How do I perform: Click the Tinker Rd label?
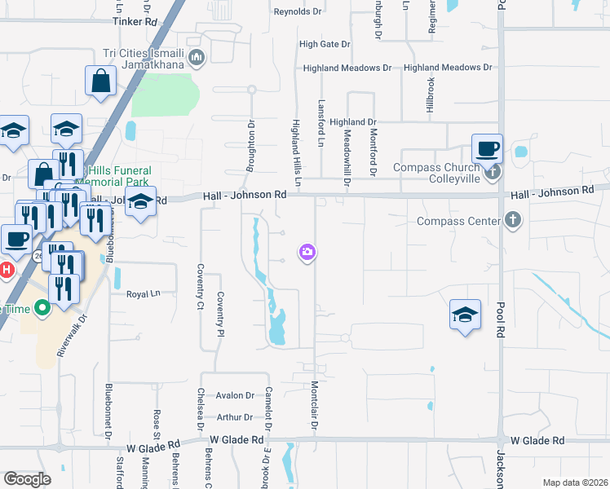(x=135, y=22)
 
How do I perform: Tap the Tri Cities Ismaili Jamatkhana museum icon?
(x=197, y=57)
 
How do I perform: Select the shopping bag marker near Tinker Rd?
(x=101, y=81)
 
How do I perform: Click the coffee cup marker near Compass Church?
(x=488, y=149)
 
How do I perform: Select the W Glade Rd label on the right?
(x=535, y=440)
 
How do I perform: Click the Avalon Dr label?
(x=236, y=396)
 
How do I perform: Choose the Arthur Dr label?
(x=236, y=417)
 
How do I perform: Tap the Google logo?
(x=27, y=479)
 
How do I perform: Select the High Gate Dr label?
(x=325, y=44)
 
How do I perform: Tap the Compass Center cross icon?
(x=512, y=220)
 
